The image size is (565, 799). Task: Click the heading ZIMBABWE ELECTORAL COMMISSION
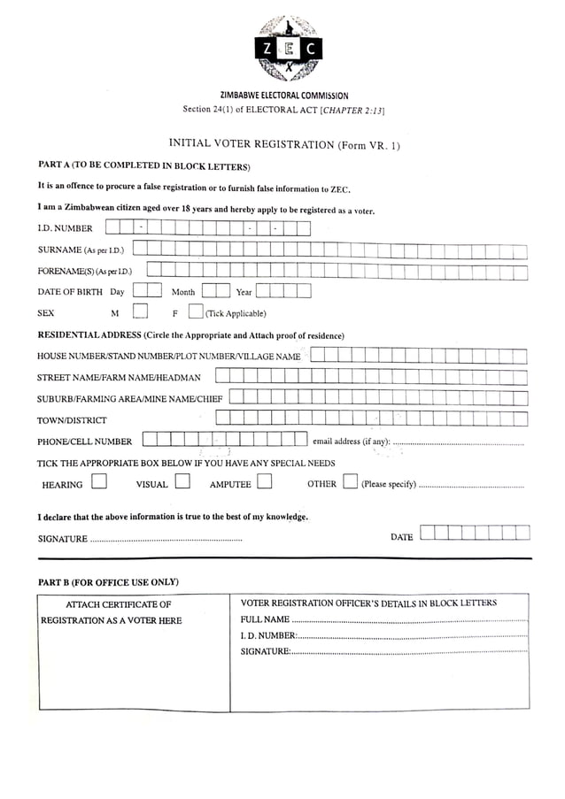coord(283,96)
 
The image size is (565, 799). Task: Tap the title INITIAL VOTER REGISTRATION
coord(252,144)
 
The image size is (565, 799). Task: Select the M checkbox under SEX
coord(140,311)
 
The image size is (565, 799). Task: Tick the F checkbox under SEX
coord(195,311)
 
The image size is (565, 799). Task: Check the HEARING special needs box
coord(99,482)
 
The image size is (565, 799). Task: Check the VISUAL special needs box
coord(182,482)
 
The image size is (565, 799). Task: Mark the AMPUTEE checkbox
coord(264,482)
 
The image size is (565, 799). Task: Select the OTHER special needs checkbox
coord(350,482)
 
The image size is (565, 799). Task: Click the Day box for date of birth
coord(147,290)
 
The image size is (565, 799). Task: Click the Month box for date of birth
coord(215,290)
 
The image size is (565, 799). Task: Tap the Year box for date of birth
coord(283,290)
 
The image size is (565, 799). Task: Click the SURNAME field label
coord(59,250)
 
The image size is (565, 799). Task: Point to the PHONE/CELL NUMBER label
coord(84,442)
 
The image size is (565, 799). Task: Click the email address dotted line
coord(458,442)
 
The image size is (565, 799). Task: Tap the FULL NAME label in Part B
coord(265,619)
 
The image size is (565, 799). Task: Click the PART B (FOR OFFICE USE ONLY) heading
coord(108,582)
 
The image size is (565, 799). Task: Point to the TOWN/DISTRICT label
coord(72,420)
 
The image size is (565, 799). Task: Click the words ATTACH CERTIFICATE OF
coord(119,604)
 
